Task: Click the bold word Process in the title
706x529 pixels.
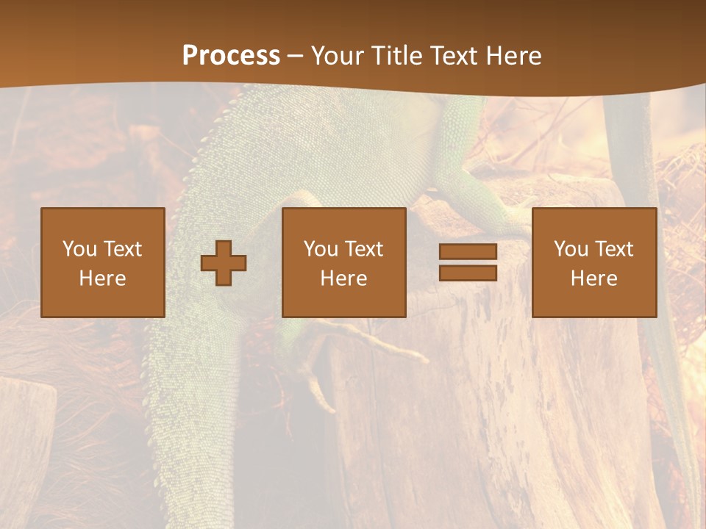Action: coord(231,56)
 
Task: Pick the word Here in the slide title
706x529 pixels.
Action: coord(515,56)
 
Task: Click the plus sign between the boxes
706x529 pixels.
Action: coord(224,263)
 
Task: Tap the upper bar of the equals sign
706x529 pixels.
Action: coord(468,252)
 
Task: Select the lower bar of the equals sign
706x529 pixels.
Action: coord(468,273)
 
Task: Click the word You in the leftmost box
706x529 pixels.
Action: coord(79,249)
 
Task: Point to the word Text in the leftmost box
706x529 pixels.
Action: coord(122,249)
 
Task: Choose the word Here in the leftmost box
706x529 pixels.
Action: coord(102,278)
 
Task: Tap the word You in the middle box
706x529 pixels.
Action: coord(321,249)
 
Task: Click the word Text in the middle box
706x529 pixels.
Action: coord(363,249)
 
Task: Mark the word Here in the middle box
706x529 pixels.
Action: coord(343,278)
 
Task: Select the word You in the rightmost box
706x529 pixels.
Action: coord(571,249)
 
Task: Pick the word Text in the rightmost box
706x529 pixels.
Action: coord(613,249)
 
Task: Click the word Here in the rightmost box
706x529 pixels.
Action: coord(593,278)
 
